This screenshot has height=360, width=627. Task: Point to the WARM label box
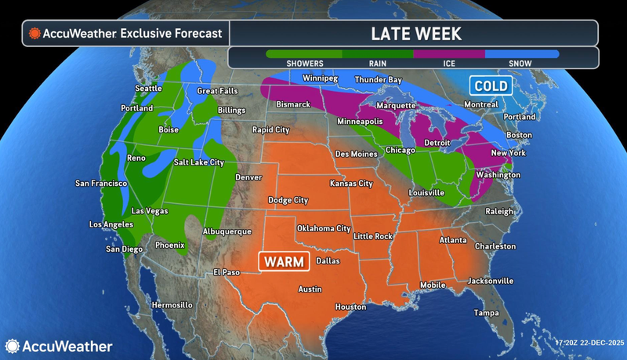coord(284,261)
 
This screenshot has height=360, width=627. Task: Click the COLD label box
coord(491,85)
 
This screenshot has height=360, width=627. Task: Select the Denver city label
coord(248,177)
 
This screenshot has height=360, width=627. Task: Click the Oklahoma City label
coord(323,228)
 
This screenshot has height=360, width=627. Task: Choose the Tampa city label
coord(486,313)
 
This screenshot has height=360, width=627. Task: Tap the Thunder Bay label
coord(378,80)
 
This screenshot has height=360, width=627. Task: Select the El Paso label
coord(227,272)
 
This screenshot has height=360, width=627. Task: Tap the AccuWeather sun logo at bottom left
coord(13,346)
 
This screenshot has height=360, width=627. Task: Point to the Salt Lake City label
coord(199,162)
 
